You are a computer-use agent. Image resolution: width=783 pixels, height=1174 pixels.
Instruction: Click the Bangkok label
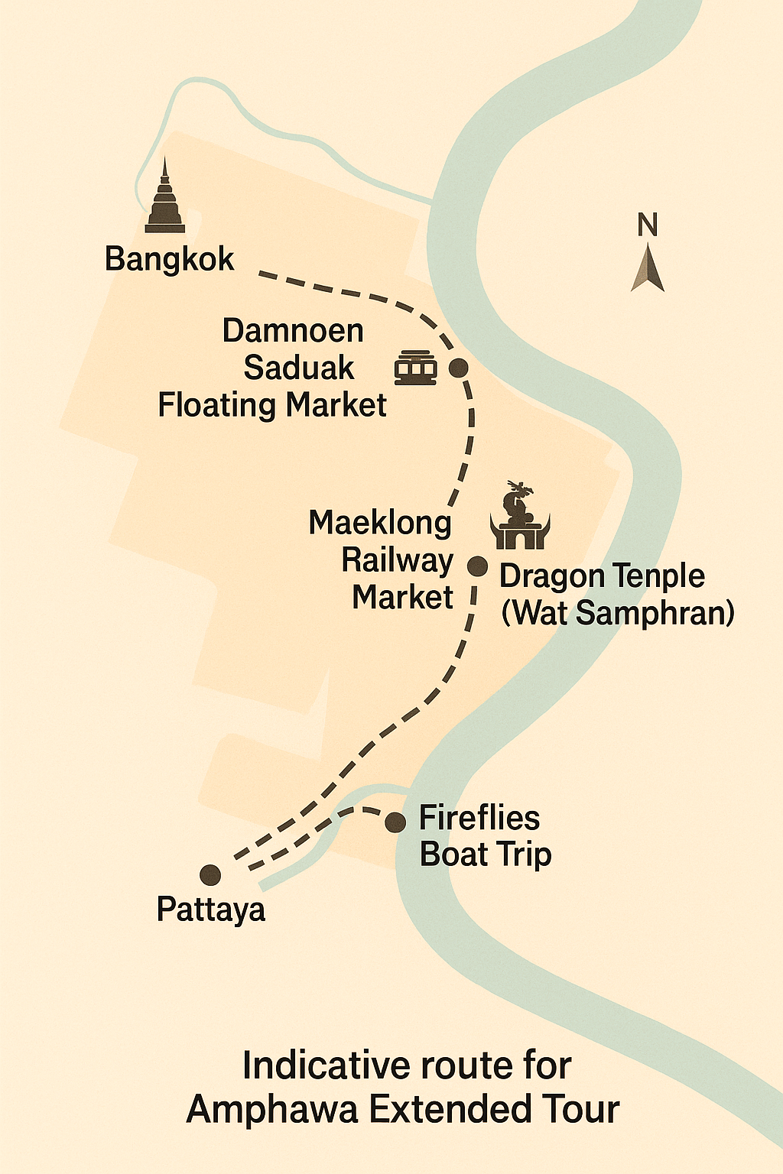tap(169, 260)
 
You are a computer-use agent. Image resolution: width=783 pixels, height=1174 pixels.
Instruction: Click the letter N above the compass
tap(648, 225)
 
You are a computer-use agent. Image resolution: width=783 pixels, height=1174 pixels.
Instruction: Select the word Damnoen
tap(293, 331)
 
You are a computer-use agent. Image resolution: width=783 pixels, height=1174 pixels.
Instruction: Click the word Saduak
tap(299, 368)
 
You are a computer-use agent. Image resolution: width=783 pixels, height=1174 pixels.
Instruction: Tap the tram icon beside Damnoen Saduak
tap(416, 368)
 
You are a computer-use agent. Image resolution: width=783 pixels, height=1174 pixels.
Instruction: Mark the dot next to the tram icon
tap(458, 368)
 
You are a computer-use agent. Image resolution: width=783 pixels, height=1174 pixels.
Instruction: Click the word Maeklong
tap(380, 524)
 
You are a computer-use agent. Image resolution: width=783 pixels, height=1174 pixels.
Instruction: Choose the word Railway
tap(397, 560)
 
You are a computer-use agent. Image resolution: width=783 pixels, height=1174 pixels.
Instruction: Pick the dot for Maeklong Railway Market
tap(477, 566)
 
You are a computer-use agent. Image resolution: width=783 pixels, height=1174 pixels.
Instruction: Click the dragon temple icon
tap(520, 517)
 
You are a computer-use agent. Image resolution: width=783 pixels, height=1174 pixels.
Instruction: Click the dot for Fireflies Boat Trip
tap(395, 822)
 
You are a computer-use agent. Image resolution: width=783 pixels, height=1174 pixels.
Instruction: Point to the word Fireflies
tap(479, 818)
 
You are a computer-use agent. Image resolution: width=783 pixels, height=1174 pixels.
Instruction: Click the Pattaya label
tap(211, 910)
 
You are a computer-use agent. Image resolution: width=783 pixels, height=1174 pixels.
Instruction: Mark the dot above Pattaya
tap(210, 875)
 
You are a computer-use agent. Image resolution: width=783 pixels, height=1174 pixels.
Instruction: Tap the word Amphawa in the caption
tap(272, 1110)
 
